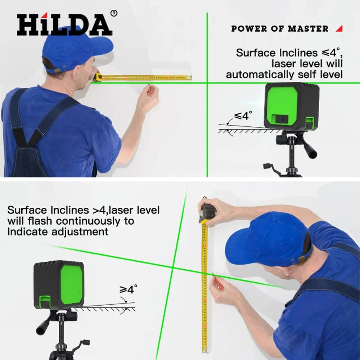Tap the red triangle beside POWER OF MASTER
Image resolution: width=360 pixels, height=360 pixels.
point(339,28)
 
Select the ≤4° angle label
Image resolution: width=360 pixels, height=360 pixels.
point(243,116)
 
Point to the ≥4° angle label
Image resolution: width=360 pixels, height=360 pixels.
point(128,289)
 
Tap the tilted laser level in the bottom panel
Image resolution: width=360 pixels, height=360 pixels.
point(59,284)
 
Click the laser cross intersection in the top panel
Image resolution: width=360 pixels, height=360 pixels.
point(207,83)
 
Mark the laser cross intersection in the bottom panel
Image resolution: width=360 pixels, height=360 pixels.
point(173,267)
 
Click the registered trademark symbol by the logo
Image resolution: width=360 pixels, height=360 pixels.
point(114,13)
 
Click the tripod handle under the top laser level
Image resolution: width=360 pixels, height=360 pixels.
point(310,148)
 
